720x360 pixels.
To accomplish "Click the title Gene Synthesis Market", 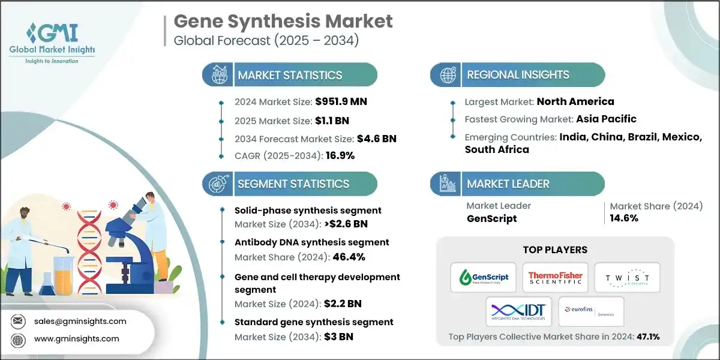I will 283,22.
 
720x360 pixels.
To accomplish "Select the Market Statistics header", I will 290,75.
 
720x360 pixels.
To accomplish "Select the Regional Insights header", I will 518,75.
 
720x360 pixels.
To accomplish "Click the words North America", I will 575,101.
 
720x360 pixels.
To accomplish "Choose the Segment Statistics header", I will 293,184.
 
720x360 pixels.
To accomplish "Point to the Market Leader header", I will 508,184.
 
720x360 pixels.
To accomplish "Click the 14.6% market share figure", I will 624,218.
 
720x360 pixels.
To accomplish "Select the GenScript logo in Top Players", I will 484,277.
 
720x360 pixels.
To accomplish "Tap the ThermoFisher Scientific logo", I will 555,277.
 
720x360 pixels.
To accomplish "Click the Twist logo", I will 627,277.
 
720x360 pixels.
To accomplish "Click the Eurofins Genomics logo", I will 590,311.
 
